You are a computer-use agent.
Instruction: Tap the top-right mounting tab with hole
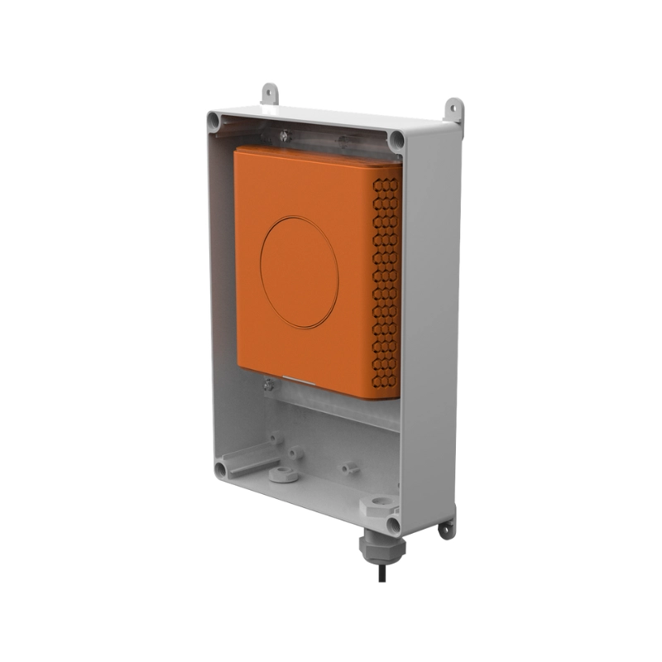[453, 108]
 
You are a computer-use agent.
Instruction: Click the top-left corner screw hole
[214, 122]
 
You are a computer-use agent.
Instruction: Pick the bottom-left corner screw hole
[220, 470]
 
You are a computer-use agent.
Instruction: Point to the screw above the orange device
[284, 132]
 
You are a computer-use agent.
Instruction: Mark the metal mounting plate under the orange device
[331, 405]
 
